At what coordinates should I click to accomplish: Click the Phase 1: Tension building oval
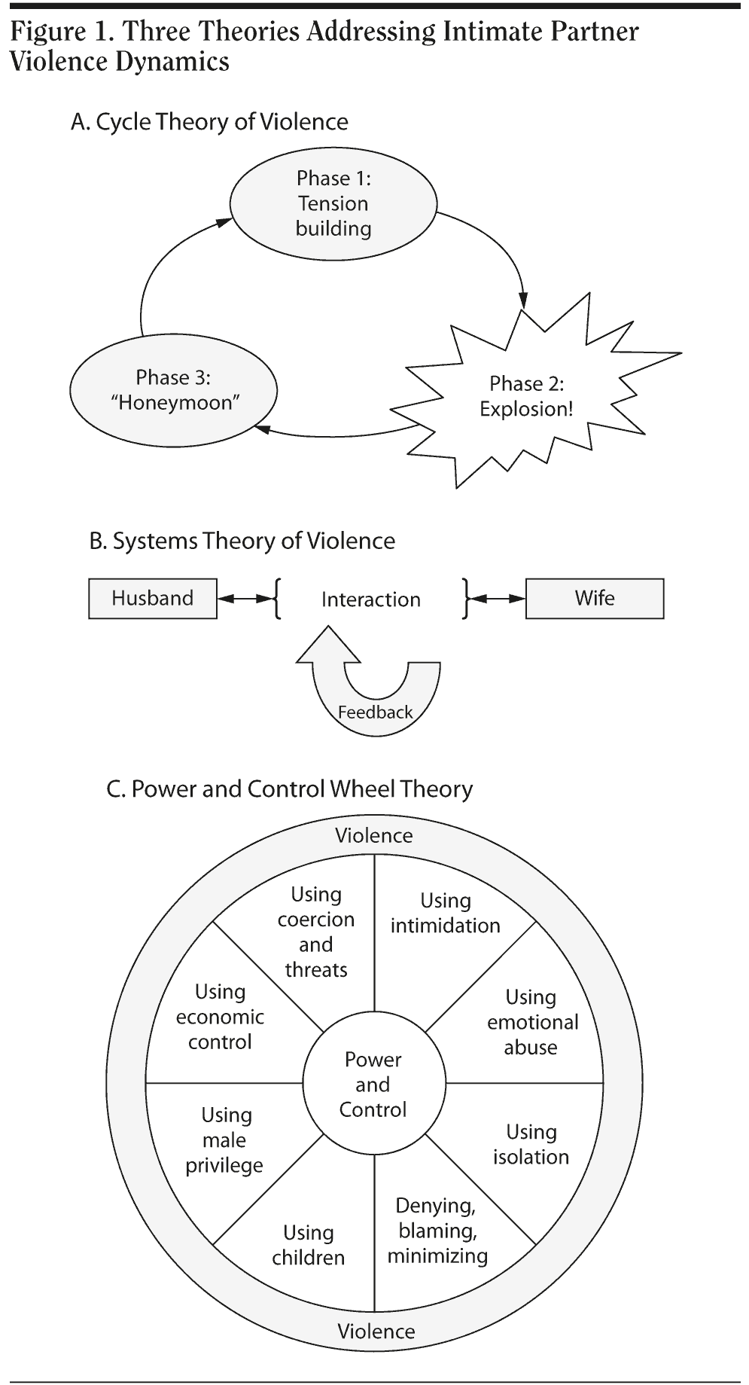(x=333, y=203)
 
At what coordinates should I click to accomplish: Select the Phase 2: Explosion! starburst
(x=526, y=396)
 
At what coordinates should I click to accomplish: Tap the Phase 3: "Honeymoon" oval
(x=174, y=390)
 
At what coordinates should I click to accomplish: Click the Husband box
(x=153, y=599)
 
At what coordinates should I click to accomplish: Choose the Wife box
(x=594, y=599)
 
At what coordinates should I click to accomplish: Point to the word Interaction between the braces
(x=370, y=599)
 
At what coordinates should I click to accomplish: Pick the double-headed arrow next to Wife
(x=497, y=599)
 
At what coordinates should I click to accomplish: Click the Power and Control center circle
(x=373, y=1085)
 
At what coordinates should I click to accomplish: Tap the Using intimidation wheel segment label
(x=445, y=913)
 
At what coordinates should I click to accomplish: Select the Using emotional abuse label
(x=531, y=1022)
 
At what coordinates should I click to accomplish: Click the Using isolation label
(x=531, y=1144)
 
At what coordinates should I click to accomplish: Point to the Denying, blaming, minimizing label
(x=437, y=1231)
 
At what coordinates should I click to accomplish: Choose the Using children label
(x=309, y=1245)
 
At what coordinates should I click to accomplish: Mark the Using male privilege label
(x=225, y=1139)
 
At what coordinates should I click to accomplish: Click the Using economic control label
(x=220, y=1017)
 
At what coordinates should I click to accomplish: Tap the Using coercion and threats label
(x=316, y=932)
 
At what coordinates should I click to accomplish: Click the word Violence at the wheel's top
(x=374, y=835)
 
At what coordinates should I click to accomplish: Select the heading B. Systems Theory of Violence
(x=242, y=541)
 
